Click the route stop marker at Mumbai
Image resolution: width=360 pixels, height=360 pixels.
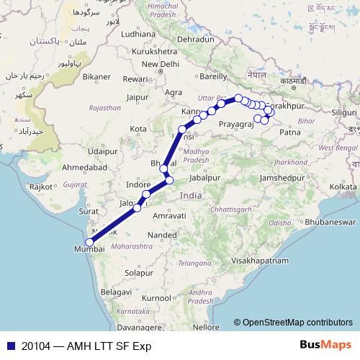click(x=89, y=242)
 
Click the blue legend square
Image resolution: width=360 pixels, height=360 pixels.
click(x=6, y=346)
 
